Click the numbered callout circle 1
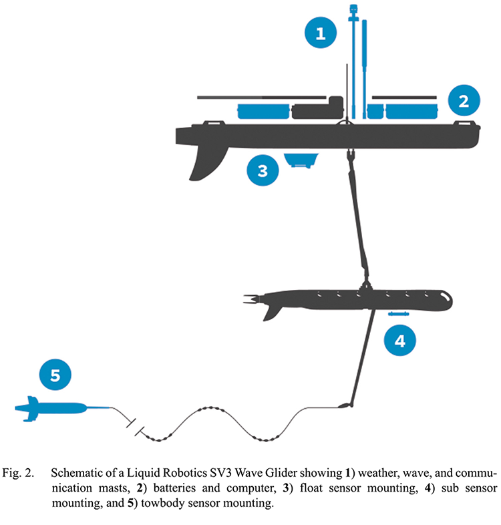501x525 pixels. (322, 32)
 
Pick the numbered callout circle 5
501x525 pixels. (55, 375)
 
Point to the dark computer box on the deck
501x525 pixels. (318, 110)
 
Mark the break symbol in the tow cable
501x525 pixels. (136, 425)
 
